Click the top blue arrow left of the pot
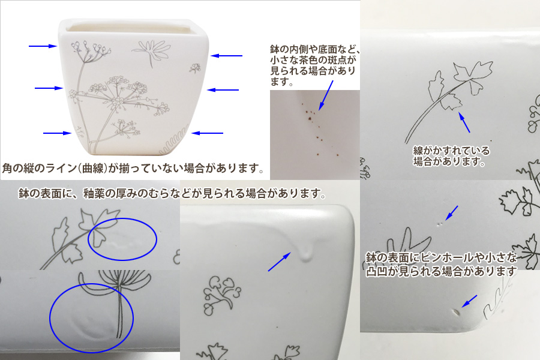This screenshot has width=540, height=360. [43, 46]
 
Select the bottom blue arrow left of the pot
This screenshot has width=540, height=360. [57, 133]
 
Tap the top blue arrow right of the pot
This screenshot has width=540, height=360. [226, 55]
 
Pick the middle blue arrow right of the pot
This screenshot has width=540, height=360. [223, 90]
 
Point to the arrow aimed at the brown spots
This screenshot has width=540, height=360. [326, 95]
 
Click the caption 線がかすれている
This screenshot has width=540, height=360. [451, 151]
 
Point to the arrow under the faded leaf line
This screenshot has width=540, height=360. [464, 122]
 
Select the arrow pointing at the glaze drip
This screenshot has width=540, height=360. [280, 262]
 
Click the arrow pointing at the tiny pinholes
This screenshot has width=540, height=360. [451, 213]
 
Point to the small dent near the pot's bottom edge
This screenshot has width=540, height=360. [457, 312]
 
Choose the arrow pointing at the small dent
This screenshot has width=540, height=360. [469, 301]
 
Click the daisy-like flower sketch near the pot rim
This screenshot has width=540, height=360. [152, 52]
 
